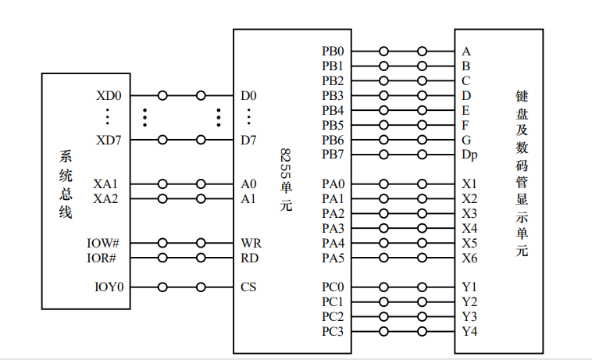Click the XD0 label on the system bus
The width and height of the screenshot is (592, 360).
(109, 96)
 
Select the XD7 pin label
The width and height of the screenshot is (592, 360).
(109, 141)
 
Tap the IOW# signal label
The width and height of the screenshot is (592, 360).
(102, 244)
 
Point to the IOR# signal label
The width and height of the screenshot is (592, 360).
(102, 258)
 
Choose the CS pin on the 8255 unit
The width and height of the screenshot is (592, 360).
(248, 287)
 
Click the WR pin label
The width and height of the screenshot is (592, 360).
(251, 244)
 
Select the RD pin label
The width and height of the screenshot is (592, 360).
(250, 258)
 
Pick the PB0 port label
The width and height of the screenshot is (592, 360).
(333, 52)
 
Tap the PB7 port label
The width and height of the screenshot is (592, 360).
(333, 155)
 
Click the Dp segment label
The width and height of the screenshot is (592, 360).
(469, 155)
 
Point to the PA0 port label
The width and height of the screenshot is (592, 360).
(333, 184)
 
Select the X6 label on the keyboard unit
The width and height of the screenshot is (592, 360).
(469, 258)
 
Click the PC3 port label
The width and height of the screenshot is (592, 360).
(333, 332)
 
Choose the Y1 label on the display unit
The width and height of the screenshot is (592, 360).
(469, 287)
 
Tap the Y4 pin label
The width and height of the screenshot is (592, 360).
(469, 332)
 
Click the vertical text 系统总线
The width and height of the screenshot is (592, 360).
(66, 184)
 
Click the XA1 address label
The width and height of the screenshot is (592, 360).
(105, 184)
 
